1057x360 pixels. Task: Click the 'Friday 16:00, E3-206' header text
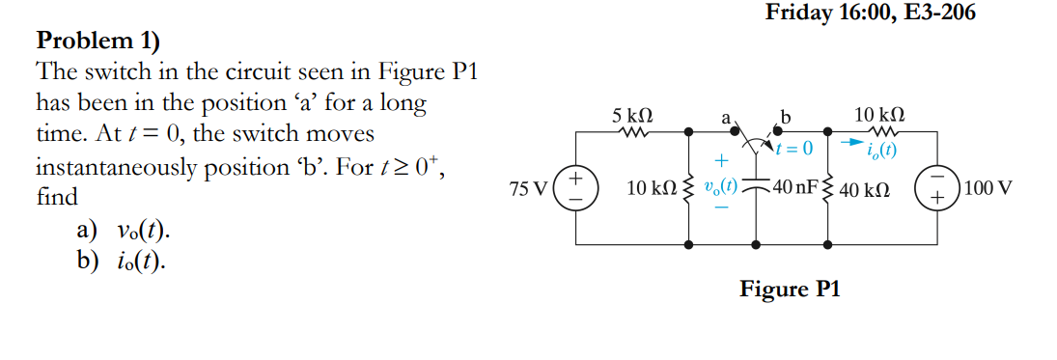tap(870, 13)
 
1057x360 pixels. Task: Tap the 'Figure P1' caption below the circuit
tap(790, 289)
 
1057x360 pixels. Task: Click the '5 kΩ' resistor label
tap(633, 114)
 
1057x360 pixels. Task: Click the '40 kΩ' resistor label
tap(864, 188)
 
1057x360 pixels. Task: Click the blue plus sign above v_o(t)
tap(719, 161)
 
